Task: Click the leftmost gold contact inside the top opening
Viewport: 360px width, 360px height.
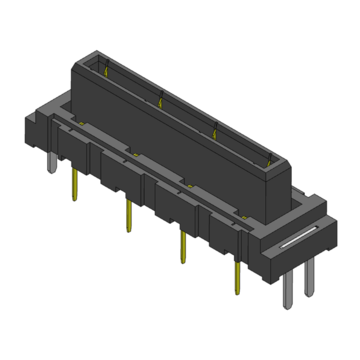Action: (107, 69)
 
